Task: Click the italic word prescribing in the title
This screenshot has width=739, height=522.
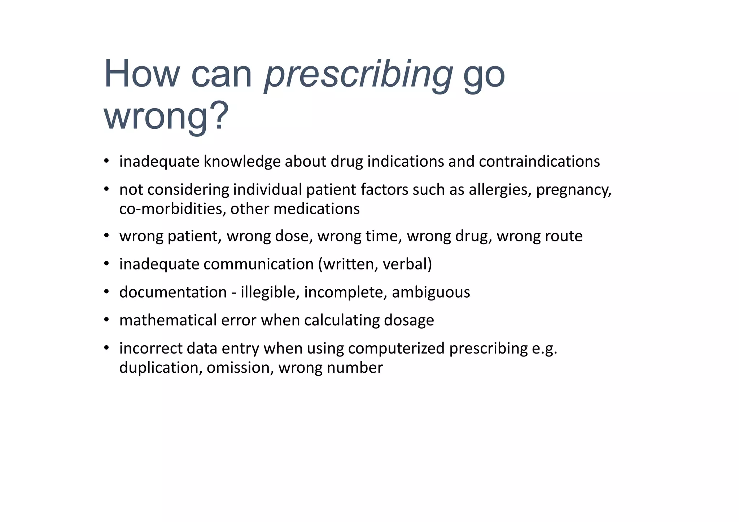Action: [358, 75]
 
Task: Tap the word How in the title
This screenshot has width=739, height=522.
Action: [141, 74]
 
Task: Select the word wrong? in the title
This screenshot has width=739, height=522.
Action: [166, 116]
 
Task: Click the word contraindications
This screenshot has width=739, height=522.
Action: [539, 161]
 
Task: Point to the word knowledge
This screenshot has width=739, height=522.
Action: [242, 161]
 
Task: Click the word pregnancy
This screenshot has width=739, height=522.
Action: [573, 190]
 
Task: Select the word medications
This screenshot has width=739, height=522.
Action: [316, 209]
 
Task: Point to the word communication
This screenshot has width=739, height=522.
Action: [258, 264]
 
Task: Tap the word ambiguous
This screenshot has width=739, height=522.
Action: [431, 292]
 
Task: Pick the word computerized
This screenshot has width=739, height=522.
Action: [396, 348]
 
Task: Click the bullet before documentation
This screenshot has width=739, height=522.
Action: [106, 291]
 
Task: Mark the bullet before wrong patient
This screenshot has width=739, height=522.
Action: [106, 236]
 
